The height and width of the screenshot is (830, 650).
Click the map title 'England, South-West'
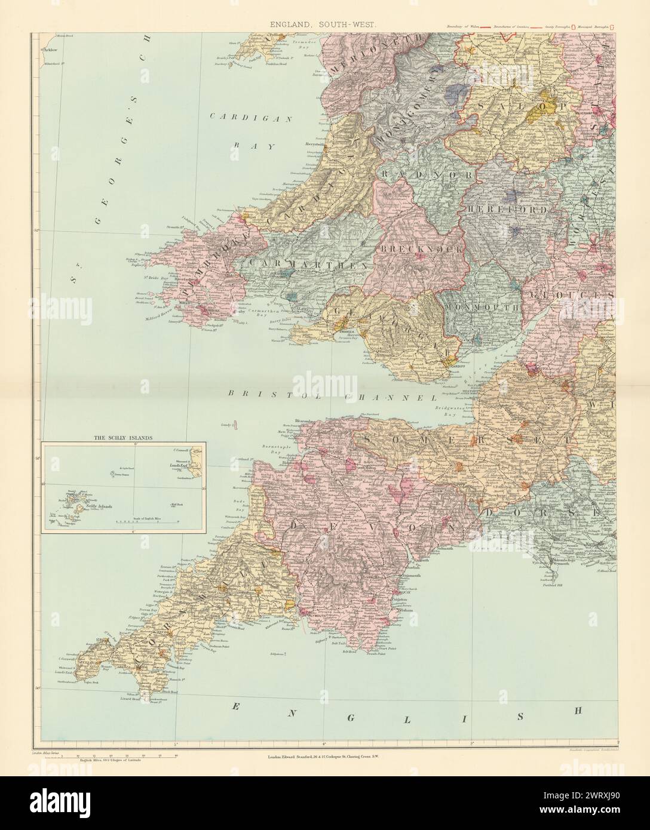coord(324,24)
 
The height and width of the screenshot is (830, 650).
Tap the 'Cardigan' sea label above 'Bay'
coord(250,117)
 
